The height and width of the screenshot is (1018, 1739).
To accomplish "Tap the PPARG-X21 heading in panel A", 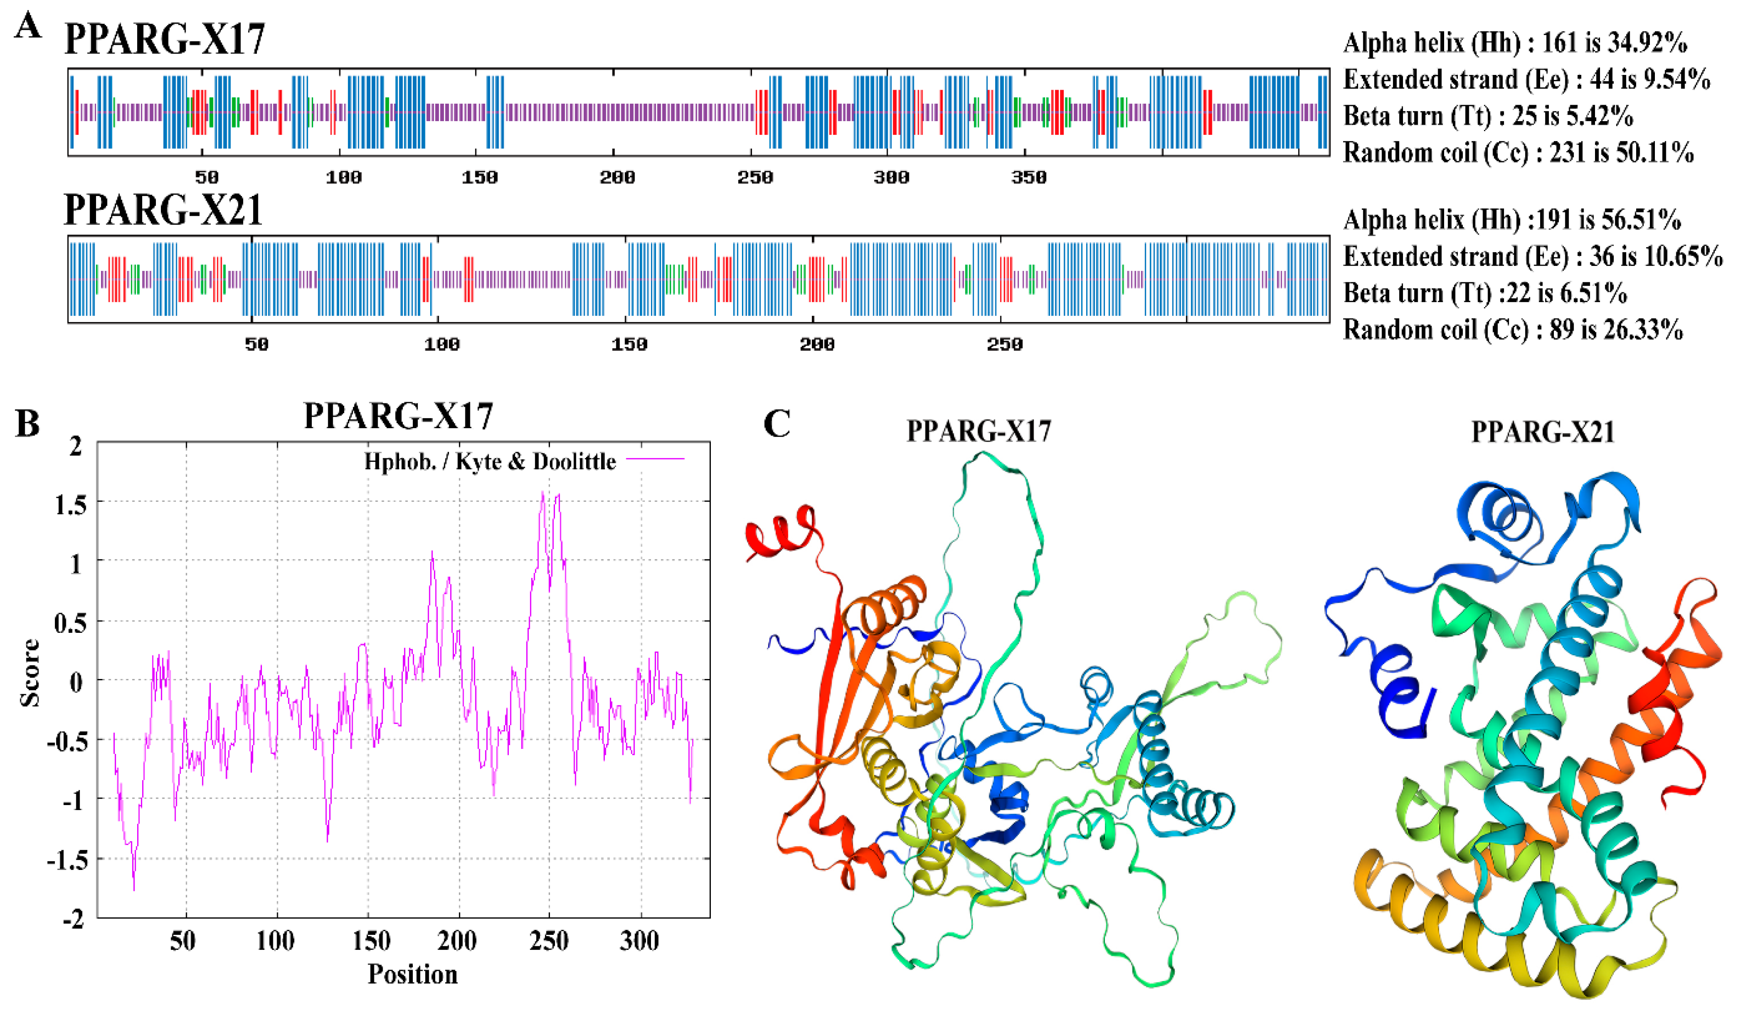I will tap(164, 210).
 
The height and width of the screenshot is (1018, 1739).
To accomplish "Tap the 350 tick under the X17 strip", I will tap(1028, 177).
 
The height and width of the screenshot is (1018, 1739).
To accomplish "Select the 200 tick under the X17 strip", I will tap(617, 177).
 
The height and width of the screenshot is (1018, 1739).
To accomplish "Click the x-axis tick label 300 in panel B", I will tap(639, 941).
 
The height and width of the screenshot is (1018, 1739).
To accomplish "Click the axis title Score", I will tap(29, 673).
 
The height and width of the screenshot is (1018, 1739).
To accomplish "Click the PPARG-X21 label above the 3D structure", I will tap(1542, 432).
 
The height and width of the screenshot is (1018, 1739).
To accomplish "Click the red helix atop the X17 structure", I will tap(783, 530).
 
